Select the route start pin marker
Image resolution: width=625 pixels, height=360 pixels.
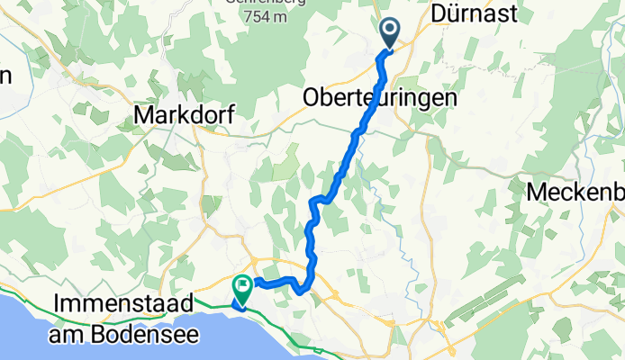coord(390,32)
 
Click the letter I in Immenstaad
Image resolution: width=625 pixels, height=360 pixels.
coord(58,304)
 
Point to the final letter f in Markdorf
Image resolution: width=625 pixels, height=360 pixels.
coord(229,116)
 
